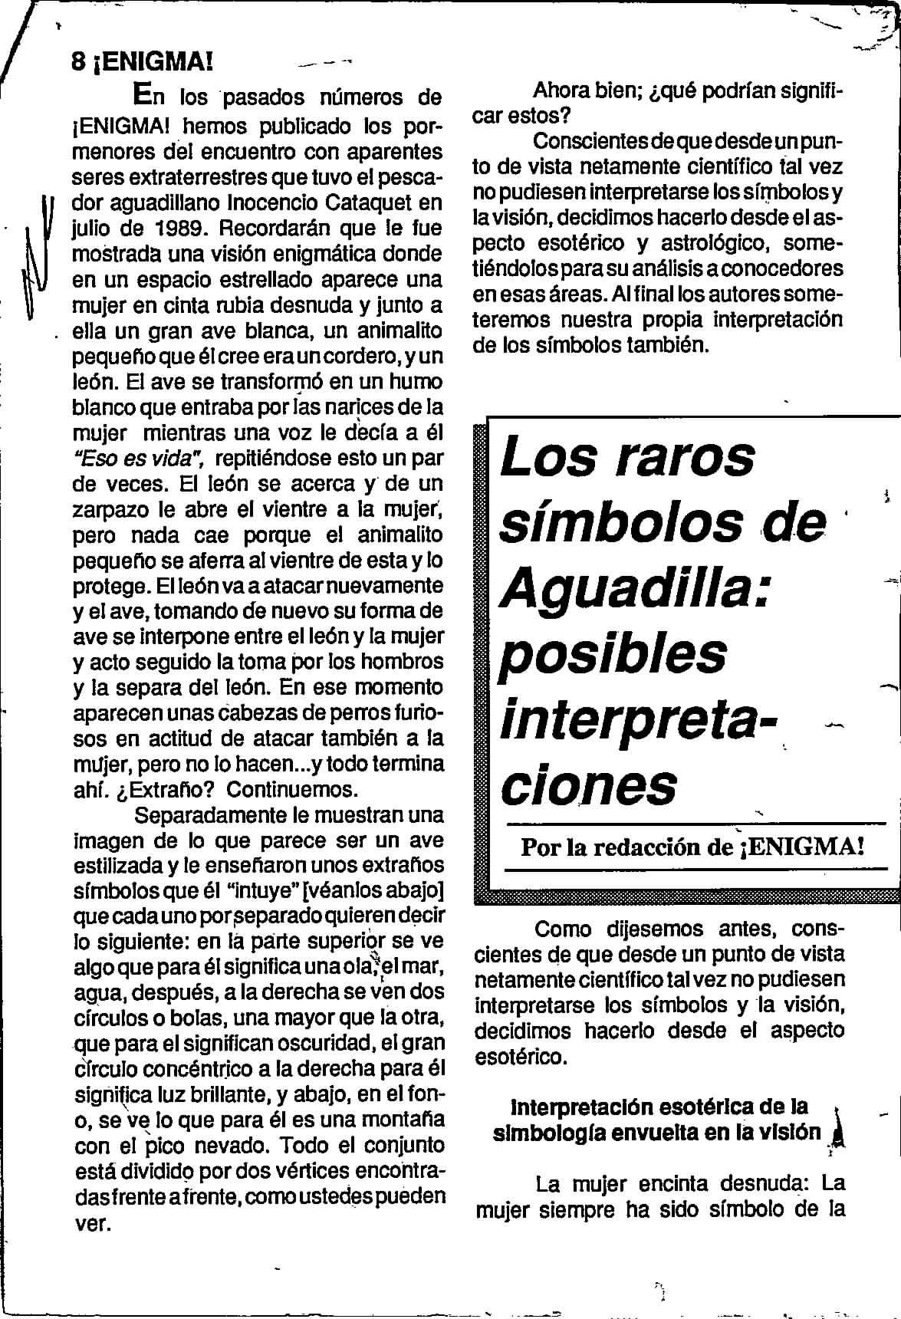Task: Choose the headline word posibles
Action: (612, 655)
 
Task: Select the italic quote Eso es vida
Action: (138, 459)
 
